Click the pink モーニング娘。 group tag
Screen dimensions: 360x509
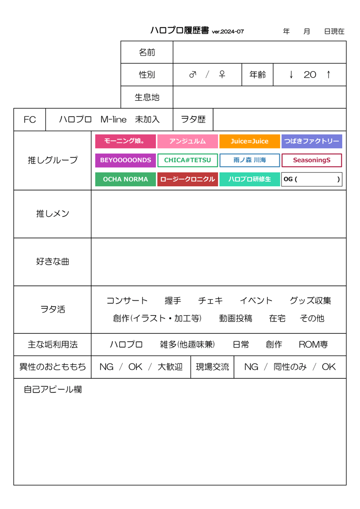point(125,141)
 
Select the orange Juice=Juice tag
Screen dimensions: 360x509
point(250,141)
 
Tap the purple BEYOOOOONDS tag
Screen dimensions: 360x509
point(125,160)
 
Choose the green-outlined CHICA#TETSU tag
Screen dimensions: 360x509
point(187,160)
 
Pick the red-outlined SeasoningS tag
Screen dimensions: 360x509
point(312,160)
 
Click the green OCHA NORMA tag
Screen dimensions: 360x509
point(125,179)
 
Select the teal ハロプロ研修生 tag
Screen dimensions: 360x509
point(250,179)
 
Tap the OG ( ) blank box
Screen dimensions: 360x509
point(312,179)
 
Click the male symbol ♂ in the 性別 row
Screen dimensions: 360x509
point(193,74)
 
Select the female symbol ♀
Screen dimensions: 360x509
point(222,74)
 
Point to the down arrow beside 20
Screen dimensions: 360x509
point(291,75)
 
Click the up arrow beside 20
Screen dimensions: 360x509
point(329,75)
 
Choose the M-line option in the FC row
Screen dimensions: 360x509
point(113,120)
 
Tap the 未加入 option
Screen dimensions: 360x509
point(147,120)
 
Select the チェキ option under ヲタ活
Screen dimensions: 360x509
point(211,301)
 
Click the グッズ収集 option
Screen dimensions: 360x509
point(310,301)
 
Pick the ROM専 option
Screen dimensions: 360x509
point(313,345)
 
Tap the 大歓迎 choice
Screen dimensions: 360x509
point(170,367)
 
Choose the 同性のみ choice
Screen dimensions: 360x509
point(290,367)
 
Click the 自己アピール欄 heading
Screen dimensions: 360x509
point(53,389)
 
